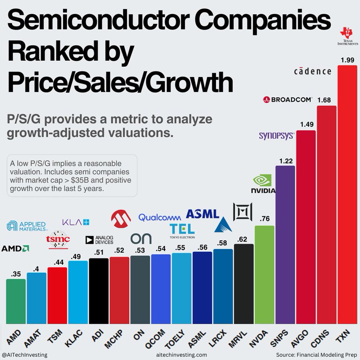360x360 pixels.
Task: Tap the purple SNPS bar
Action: point(285,244)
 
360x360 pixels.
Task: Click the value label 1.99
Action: point(347,60)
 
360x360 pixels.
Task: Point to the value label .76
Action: point(264,219)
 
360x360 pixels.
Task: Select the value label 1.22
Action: point(285,161)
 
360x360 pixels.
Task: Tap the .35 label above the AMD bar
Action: point(16,274)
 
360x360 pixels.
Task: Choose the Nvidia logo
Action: point(263,184)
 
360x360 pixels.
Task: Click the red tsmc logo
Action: point(58,240)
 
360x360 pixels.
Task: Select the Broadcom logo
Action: point(288,99)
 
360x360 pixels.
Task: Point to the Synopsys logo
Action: point(276,136)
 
